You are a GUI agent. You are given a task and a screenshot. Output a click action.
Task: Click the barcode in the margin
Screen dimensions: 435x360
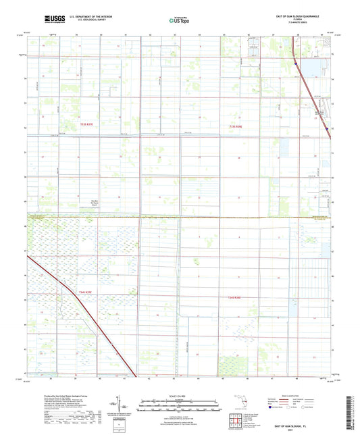click(352, 406)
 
